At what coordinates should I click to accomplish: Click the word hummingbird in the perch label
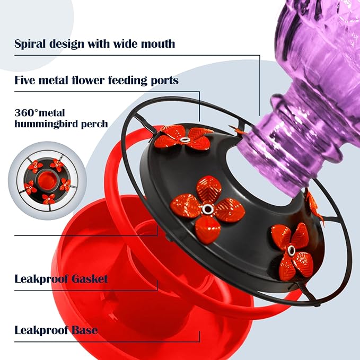tap(48, 124)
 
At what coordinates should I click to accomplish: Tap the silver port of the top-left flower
tap(183, 139)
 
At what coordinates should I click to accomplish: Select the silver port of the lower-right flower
tap(291, 249)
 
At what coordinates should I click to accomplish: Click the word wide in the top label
tap(117, 43)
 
